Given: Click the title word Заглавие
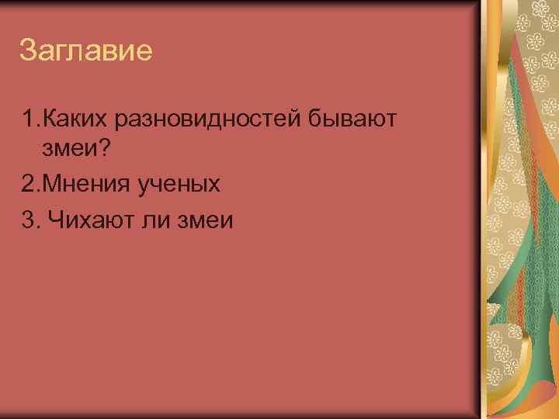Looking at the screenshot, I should tap(85, 52).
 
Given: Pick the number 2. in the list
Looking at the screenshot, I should tap(32, 184).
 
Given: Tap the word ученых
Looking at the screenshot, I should tap(181, 184).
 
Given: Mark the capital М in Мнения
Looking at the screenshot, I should tap(50, 184).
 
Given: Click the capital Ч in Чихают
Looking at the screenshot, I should tap(54, 220).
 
